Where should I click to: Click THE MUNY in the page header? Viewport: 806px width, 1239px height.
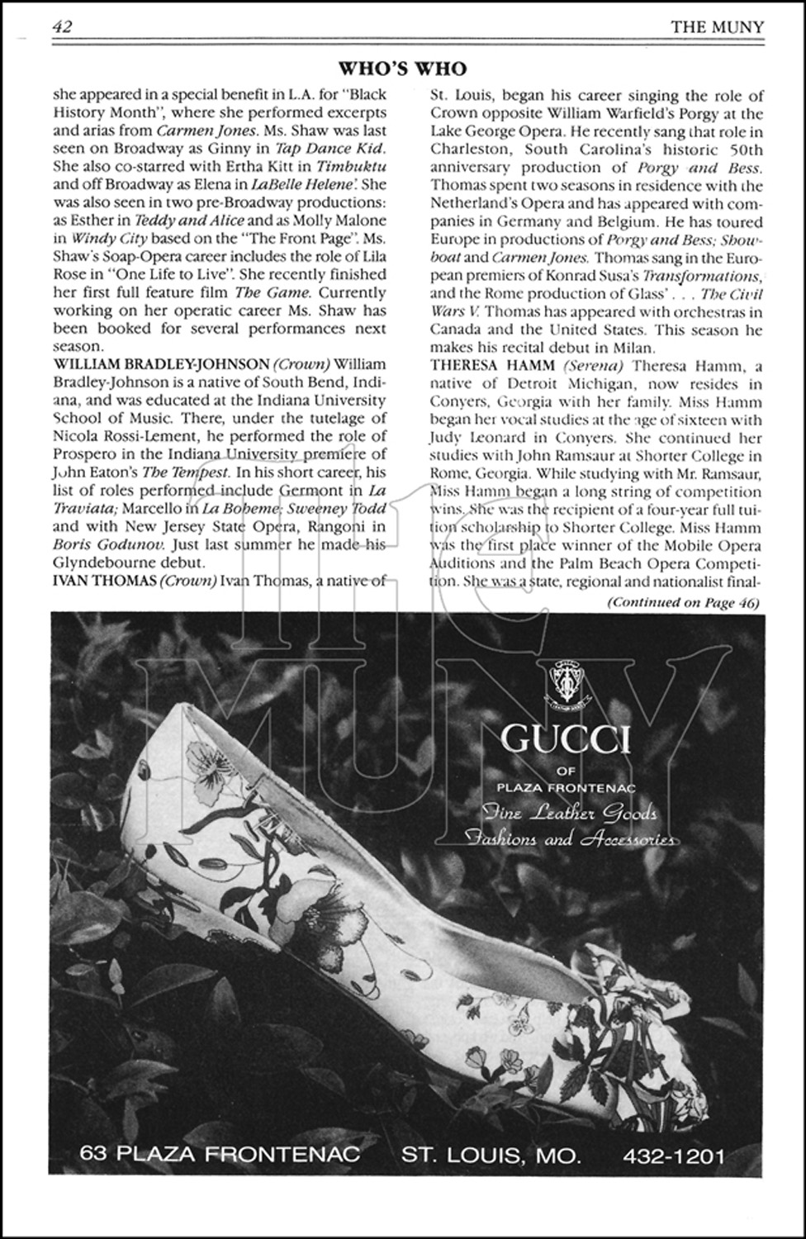coord(717,26)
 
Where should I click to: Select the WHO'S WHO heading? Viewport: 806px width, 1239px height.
coord(403,69)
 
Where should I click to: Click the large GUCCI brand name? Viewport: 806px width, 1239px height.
coord(567,738)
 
